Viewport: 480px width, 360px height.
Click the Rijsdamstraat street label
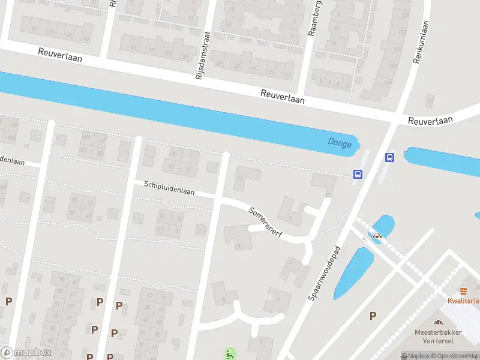(x=200, y=55)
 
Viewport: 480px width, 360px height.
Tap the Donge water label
(x=340, y=143)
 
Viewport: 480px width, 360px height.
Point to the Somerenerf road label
(x=265, y=220)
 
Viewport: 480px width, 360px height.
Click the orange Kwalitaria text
(x=463, y=301)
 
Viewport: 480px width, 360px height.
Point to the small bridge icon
(x=377, y=236)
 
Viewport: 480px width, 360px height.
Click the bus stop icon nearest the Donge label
(x=358, y=175)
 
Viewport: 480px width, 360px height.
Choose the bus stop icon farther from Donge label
(x=389, y=158)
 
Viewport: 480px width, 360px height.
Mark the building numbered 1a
(x=241, y=178)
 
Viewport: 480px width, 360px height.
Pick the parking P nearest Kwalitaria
(x=373, y=316)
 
